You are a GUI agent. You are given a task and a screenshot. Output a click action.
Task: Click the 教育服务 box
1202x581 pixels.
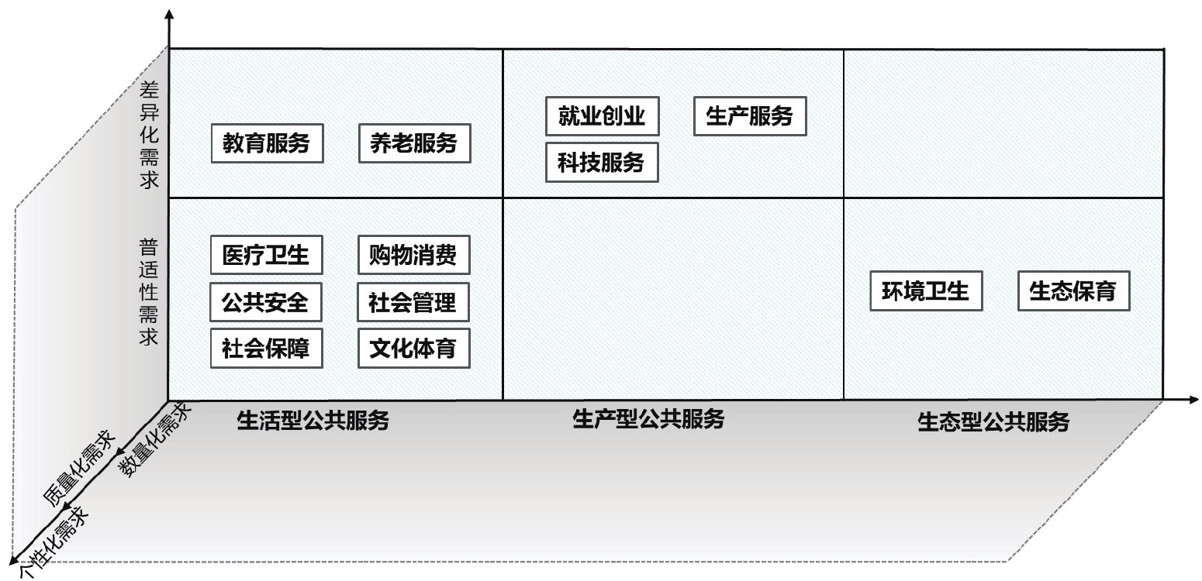[x=266, y=144]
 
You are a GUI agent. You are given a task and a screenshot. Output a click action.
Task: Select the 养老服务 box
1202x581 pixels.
[x=414, y=144]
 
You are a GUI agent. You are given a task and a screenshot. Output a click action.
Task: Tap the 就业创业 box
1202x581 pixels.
[x=602, y=117]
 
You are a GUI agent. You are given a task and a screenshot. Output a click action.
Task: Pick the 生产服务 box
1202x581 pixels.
[x=749, y=117]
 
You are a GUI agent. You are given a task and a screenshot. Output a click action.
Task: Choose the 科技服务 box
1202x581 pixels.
[x=602, y=163]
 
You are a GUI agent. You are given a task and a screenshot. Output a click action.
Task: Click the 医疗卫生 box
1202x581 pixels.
[x=266, y=256]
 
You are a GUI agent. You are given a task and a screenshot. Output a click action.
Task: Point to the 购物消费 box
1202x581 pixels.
[x=414, y=256]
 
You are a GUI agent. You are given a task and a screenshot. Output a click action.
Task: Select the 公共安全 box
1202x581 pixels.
[x=266, y=302]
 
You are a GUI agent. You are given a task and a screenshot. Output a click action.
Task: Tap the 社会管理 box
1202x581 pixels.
[x=414, y=302]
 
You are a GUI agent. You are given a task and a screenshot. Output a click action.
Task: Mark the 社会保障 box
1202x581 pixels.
[x=266, y=349]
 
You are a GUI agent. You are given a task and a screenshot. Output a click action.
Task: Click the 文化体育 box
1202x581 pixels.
[x=414, y=349]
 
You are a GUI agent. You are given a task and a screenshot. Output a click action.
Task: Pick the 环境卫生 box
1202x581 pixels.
[x=926, y=291]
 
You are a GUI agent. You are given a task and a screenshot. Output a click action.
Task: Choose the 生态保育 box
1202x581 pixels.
[x=1073, y=291]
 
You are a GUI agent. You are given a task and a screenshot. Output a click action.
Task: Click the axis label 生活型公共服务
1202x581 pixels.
[x=313, y=421]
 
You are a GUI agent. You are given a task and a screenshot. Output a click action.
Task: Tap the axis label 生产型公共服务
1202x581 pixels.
[x=648, y=419]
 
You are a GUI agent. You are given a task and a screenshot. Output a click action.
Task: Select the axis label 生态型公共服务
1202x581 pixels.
[x=993, y=422]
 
